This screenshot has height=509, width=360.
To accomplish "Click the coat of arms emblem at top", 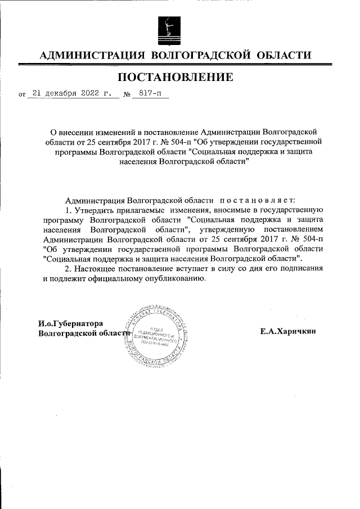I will [x=169, y=28].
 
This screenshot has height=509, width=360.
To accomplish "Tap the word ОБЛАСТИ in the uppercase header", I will [x=283, y=55].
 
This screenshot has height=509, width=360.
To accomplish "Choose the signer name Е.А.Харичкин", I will [x=288, y=331].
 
